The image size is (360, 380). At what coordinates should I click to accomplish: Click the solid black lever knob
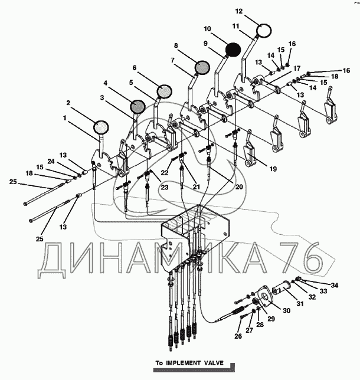tap(233, 50)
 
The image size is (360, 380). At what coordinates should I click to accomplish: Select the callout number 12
tap(239, 11)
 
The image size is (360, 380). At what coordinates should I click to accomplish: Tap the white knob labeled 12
tap(264, 31)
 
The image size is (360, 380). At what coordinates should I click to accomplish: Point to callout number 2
tap(68, 103)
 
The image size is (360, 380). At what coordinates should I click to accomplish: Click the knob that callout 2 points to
tap(101, 127)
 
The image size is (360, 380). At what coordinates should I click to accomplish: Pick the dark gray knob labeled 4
tap(138, 107)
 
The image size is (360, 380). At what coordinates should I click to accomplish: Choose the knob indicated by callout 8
tap(202, 67)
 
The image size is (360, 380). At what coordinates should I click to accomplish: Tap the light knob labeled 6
tap(165, 91)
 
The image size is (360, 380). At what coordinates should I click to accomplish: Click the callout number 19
tap(273, 169)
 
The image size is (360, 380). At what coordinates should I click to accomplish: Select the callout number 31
tap(300, 303)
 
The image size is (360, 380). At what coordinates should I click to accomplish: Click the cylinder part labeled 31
tap(281, 289)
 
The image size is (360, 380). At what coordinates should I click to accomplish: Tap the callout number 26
tap(238, 336)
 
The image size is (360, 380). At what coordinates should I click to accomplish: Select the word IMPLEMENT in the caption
tap(184, 363)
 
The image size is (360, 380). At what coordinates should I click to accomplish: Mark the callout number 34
tap(334, 285)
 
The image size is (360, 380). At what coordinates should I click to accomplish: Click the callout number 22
tap(165, 172)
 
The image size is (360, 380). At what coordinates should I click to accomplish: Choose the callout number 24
tap(51, 161)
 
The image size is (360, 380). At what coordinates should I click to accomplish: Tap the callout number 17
tap(297, 68)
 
